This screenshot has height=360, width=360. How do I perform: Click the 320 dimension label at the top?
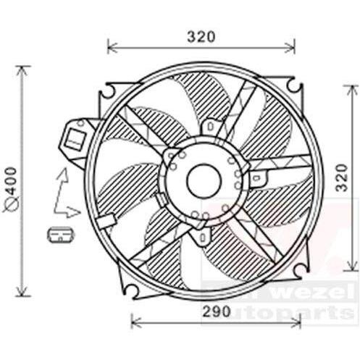202,34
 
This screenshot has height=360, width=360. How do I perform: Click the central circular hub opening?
202,181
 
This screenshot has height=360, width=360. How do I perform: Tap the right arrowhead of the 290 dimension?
292,319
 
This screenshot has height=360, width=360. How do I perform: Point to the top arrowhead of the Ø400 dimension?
24,70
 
